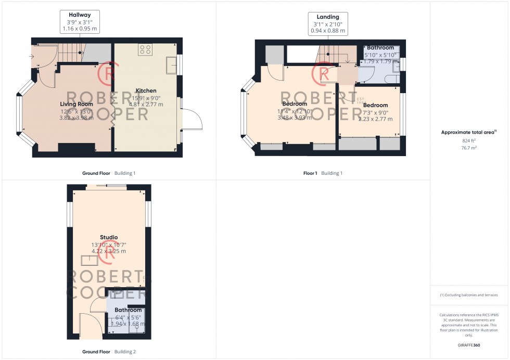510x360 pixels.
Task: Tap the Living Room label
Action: [76, 104]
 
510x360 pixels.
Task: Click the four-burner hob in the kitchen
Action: [145, 50]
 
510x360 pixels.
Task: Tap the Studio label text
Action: [109, 237]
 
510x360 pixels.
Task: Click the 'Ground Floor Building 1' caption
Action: [108, 173]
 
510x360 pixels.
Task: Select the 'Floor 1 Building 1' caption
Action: [323, 173]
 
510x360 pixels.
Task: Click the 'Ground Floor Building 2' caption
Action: [109, 352]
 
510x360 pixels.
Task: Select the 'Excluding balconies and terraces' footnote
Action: [469, 295]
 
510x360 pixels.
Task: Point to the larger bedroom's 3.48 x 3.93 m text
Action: [296, 118]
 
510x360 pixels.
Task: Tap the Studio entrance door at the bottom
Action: [88, 325]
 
